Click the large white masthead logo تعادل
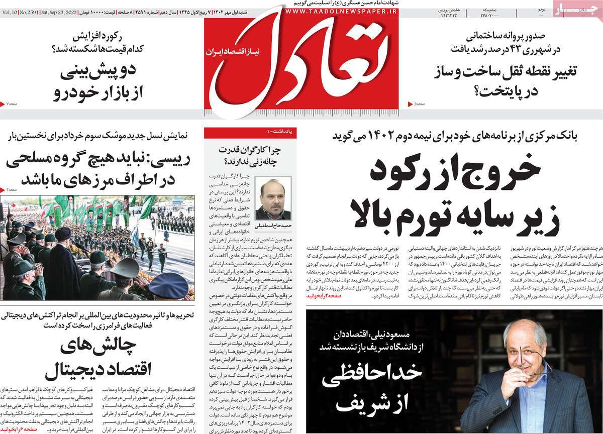(x=301, y=65)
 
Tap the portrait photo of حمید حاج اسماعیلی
(x=273, y=199)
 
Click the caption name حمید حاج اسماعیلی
(x=273, y=226)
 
